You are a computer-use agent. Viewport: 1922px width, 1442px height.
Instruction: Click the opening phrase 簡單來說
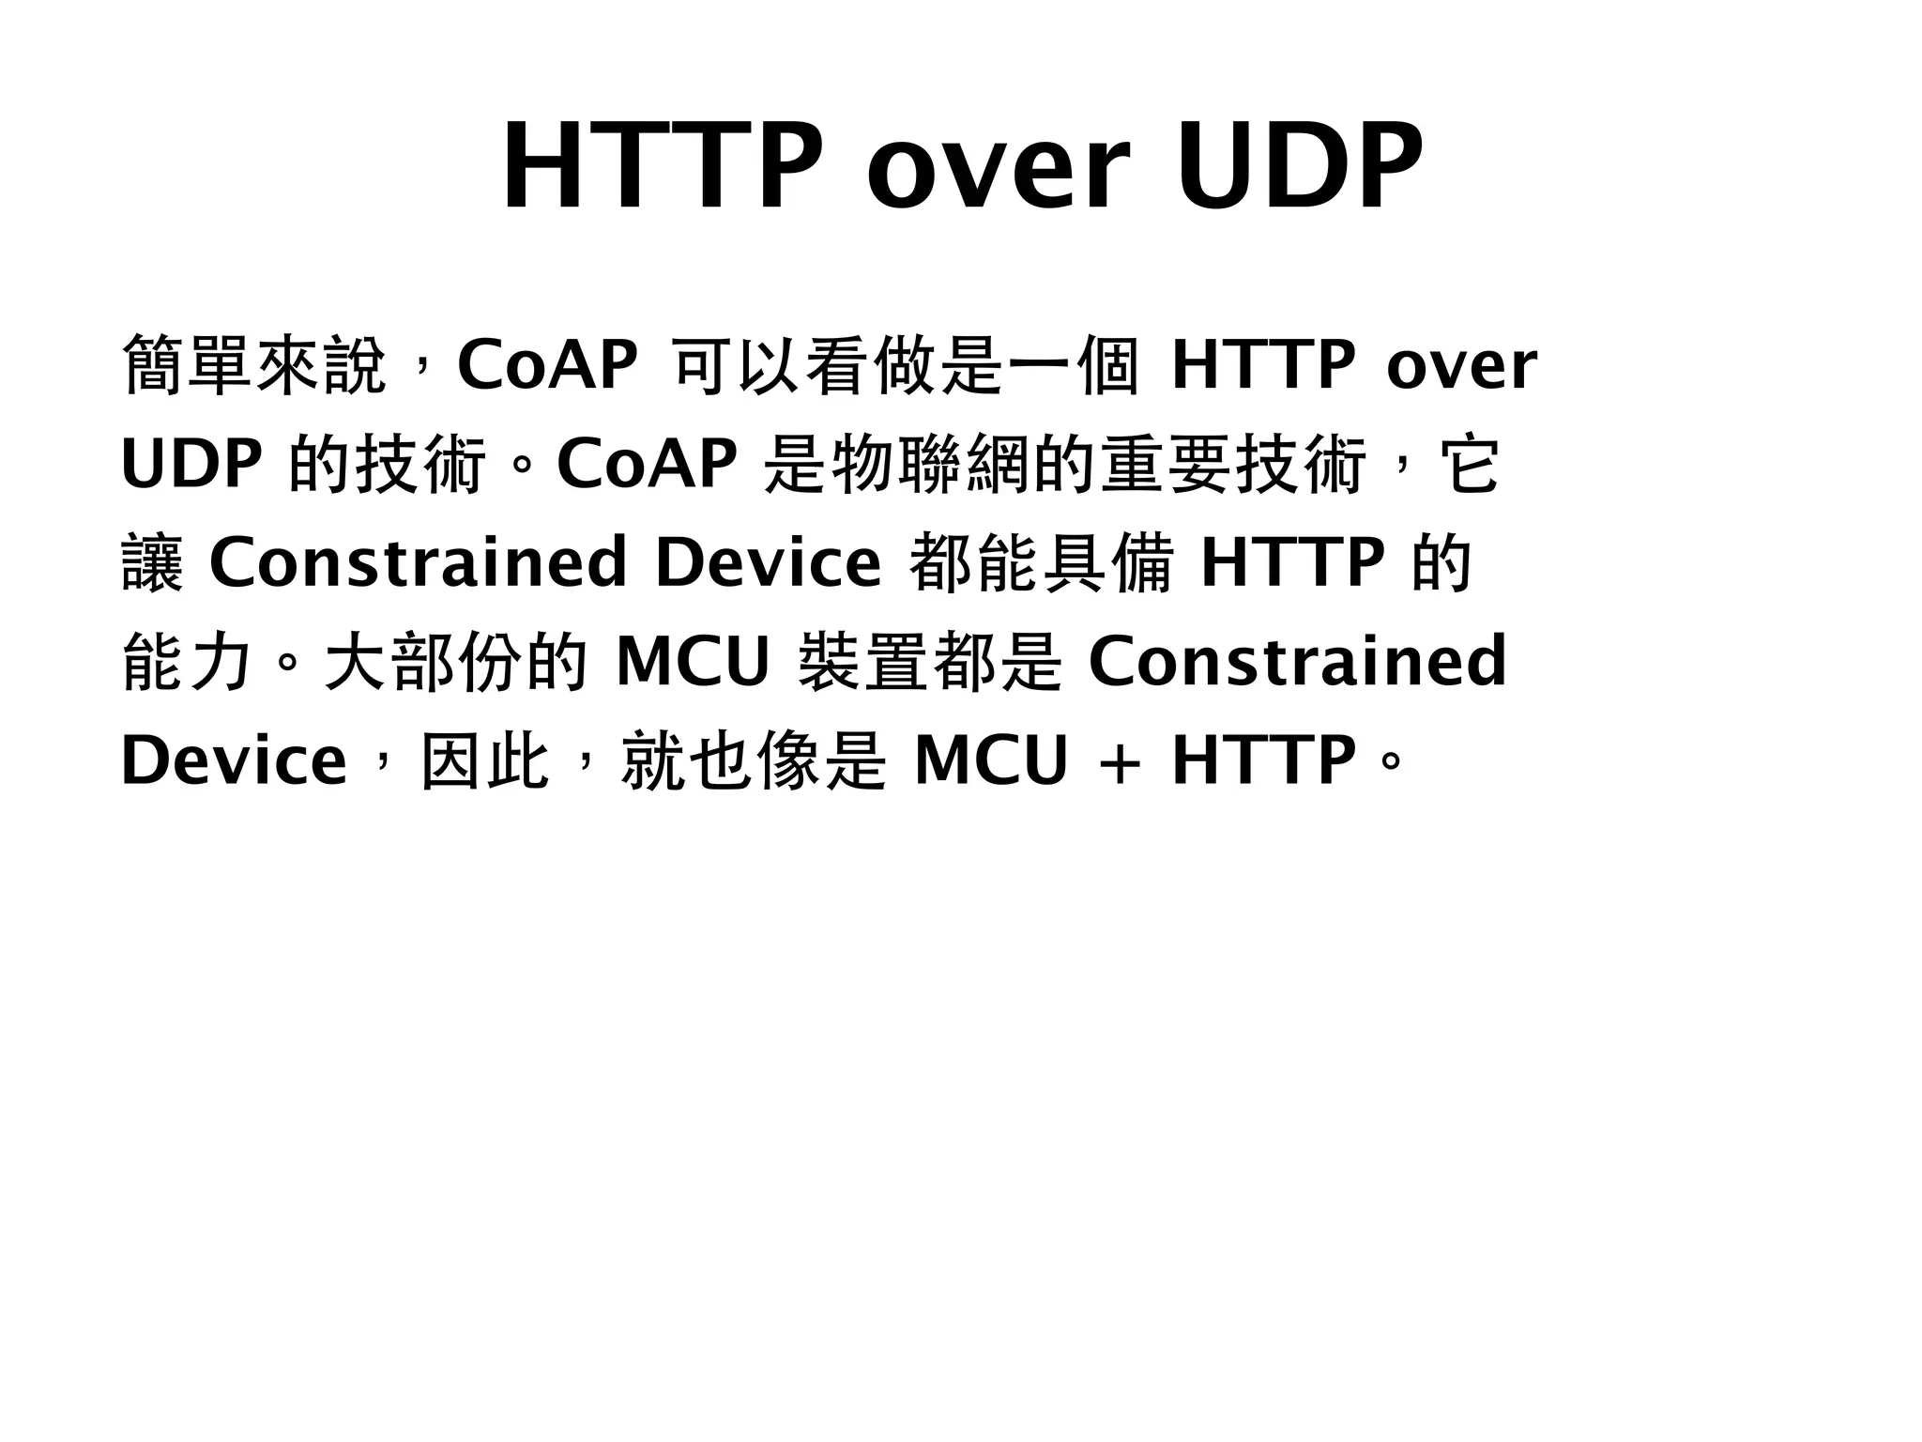click(254, 365)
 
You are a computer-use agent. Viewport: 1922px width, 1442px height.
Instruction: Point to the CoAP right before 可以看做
click(547, 365)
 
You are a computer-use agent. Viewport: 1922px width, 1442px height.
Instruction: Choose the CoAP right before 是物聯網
click(647, 465)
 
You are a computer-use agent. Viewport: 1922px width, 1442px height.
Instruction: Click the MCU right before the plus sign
click(991, 761)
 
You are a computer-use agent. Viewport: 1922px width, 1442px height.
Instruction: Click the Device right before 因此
click(234, 761)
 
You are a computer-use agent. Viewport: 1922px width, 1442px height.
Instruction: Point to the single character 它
click(1471, 465)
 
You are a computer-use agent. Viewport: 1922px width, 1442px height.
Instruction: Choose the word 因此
click(484, 761)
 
